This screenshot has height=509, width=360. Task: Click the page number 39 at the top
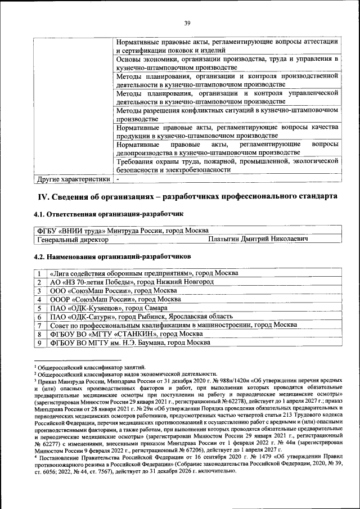pos(187,22)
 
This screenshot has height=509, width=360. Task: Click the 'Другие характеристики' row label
pos(73,179)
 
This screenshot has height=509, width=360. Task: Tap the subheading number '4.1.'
pos(43,214)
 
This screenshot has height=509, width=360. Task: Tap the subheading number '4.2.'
pos(43,256)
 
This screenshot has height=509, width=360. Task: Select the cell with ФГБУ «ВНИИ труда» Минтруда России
pos(123,231)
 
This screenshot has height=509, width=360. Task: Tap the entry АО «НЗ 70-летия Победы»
pos(132,281)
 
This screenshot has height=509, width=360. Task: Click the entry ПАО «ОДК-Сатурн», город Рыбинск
pos(139,317)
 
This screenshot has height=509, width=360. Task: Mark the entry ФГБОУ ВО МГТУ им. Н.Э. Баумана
pos(130,343)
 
